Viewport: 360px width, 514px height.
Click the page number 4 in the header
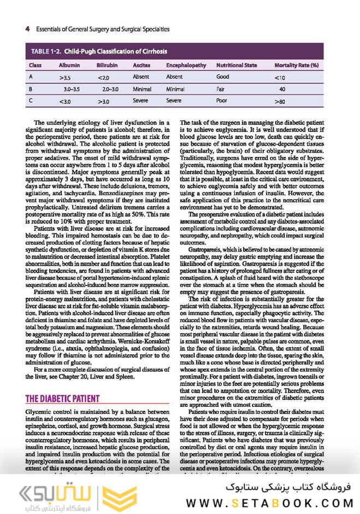[27, 28]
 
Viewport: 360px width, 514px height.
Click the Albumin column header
[69, 66]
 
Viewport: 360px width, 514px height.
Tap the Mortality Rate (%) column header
[297, 66]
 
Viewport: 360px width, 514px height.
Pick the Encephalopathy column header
[186, 66]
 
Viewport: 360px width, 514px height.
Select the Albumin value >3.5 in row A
[65, 78]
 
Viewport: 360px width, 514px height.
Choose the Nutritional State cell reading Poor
[222, 101]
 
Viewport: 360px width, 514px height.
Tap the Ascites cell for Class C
[141, 101]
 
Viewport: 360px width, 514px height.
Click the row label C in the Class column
[31, 101]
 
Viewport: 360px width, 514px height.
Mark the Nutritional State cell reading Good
[223, 78]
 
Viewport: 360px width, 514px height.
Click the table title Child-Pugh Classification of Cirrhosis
[115, 51]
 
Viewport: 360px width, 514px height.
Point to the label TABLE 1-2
[44, 51]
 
